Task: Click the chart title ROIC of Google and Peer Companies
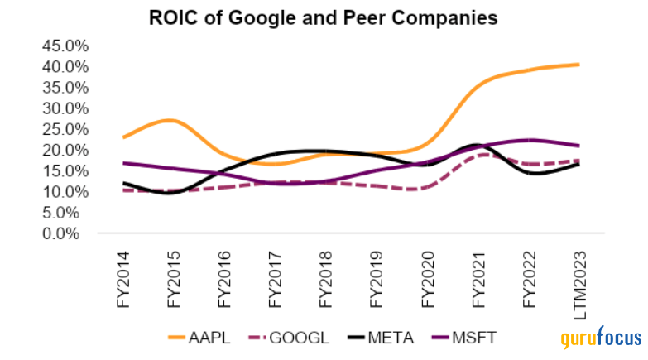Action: click(x=323, y=17)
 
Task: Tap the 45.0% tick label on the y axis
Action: click(x=63, y=45)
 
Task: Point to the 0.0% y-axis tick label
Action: click(x=66, y=233)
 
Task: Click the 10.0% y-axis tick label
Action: click(x=63, y=191)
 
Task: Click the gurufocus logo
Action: click(x=601, y=338)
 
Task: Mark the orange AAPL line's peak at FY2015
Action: click(x=170, y=121)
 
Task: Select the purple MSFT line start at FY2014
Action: click(x=123, y=163)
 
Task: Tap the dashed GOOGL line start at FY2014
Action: click(x=123, y=190)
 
